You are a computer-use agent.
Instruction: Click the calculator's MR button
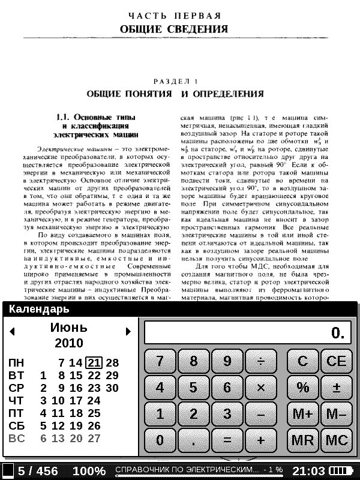[x=303, y=440]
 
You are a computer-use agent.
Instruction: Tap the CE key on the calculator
[x=337, y=361]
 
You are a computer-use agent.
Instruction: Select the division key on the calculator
[x=261, y=361]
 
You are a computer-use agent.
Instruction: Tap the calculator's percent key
[x=303, y=388]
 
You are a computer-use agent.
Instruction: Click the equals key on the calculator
[x=227, y=440]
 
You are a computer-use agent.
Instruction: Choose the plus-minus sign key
[x=337, y=388]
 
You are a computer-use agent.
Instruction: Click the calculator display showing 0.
[x=247, y=332]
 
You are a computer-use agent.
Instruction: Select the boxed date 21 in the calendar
[x=93, y=362]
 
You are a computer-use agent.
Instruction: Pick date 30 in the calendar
[x=112, y=388]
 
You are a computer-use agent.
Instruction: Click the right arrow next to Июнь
[x=128, y=331]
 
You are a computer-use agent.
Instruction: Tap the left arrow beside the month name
[x=12, y=331]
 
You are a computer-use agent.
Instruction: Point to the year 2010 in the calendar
[x=69, y=344]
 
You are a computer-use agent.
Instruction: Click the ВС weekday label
[x=16, y=438]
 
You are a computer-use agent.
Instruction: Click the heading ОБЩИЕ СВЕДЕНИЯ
[x=173, y=29]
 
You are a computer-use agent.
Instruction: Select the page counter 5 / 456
[x=37, y=471]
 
